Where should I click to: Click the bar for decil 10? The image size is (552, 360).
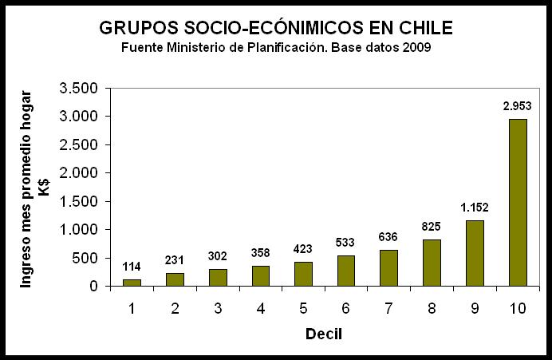[x=517, y=203]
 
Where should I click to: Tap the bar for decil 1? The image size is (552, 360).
[x=132, y=283]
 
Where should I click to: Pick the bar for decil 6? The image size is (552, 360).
[x=345, y=271]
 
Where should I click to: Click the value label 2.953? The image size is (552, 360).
[x=517, y=105]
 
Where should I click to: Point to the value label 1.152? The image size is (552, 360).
[x=474, y=208]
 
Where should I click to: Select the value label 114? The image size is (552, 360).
[x=132, y=267]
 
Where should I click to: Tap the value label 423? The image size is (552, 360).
[x=303, y=248]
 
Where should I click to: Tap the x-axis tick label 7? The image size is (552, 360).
[x=388, y=306]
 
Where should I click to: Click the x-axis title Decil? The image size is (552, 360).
[x=324, y=333]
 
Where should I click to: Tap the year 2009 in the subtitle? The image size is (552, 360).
[x=417, y=47]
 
